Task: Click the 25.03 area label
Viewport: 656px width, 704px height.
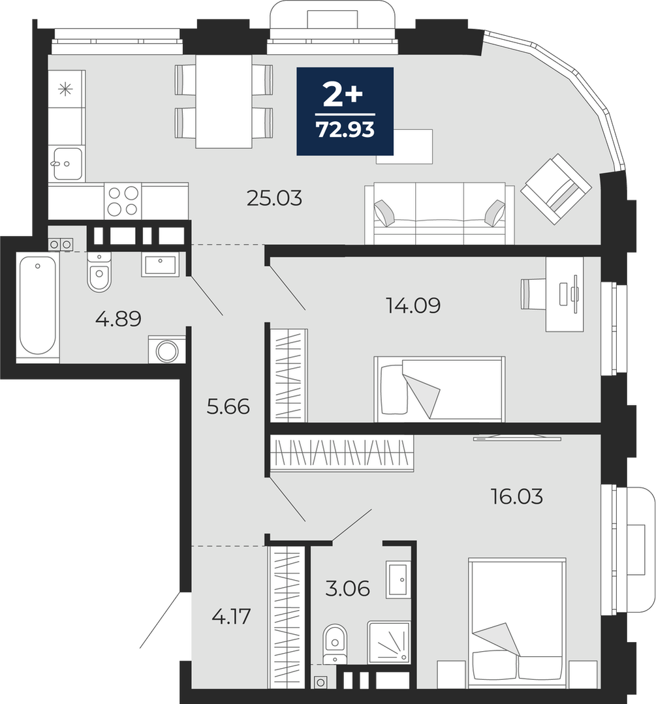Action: (x=274, y=198)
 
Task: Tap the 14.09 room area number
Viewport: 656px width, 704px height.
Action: (x=413, y=305)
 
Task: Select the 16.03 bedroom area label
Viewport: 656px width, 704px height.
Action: (x=517, y=497)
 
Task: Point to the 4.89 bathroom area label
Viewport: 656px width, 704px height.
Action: (x=119, y=319)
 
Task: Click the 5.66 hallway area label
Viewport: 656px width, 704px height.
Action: (x=228, y=406)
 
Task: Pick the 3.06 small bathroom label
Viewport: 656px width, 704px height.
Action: (x=348, y=588)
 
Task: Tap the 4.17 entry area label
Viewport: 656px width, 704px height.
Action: (x=231, y=617)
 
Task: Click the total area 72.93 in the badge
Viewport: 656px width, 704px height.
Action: (x=345, y=130)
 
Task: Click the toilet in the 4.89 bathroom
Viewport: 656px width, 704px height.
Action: (x=99, y=271)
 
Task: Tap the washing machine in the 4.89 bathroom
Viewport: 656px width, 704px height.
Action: (x=166, y=349)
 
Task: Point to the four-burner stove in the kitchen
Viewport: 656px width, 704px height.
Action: (x=123, y=201)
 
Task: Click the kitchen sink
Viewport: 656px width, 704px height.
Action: (x=67, y=164)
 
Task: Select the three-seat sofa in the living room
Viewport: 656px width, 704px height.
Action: (x=439, y=213)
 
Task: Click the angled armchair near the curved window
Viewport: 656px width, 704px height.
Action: (x=555, y=189)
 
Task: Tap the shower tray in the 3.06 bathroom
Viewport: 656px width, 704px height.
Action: (x=388, y=643)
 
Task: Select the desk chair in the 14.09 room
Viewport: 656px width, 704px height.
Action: (x=533, y=294)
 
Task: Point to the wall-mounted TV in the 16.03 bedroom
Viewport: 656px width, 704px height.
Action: (x=517, y=438)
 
